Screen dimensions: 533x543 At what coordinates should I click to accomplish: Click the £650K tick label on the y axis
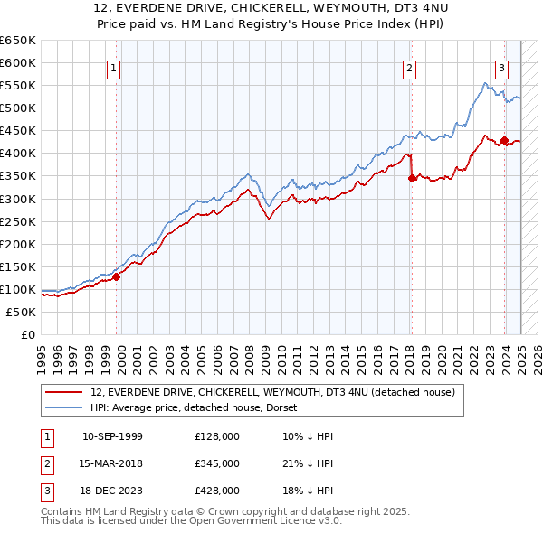coord(18,41)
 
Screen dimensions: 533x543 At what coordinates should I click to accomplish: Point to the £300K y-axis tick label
coord(18,199)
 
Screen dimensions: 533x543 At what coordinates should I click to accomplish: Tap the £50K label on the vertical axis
coord(22,312)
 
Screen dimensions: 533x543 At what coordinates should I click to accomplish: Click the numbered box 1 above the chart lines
coord(114,67)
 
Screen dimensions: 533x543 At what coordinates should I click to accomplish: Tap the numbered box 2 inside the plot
coord(409,67)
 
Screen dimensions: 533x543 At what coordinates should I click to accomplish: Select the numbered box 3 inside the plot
coord(501,67)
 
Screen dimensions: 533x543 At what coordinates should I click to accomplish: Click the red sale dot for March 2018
coord(412,178)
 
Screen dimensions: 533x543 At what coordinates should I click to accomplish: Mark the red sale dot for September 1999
coord(117,276)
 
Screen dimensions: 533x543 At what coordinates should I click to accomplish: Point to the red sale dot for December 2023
coord(504,140)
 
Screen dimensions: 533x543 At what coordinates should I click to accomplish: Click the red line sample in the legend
coord(65,392)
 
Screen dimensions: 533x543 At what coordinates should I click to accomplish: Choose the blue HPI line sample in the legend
coord(65,407)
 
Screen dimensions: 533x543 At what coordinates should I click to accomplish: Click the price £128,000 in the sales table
coord(217,436)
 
